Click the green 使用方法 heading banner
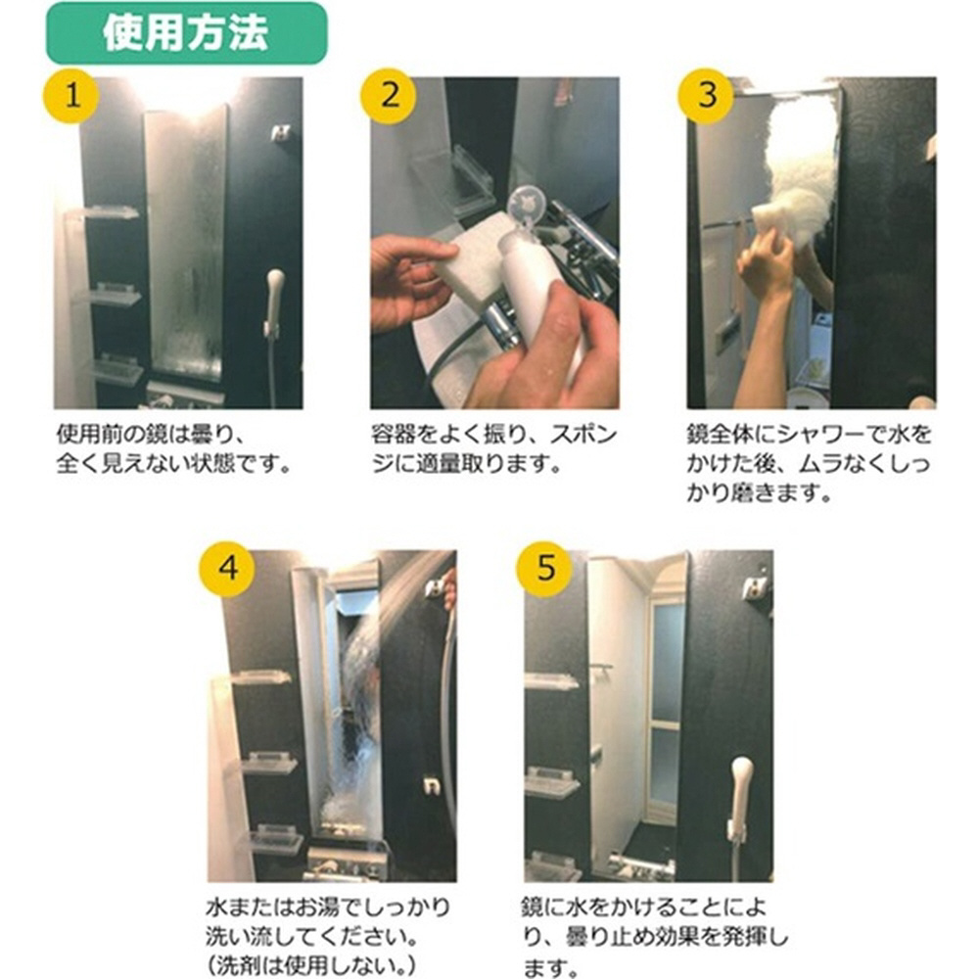coord(186,33)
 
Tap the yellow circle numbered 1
coord(71,96)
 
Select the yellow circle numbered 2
coord(389,96)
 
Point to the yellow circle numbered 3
coord(707,96)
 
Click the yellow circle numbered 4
coord(228,570)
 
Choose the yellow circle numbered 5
coord(545,570)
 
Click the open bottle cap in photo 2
coord(525,210)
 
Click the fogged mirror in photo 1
coord(185,244)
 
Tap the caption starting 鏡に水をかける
coord(655,937)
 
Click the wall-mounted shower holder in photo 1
coord(280,132)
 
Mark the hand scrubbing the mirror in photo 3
coord(765,262)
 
